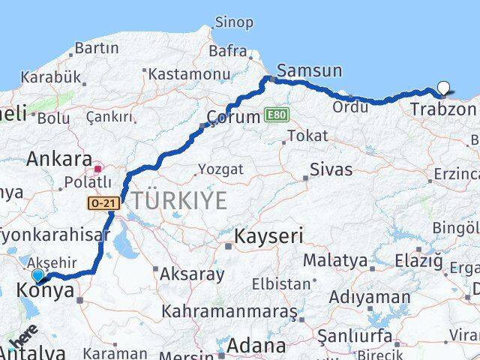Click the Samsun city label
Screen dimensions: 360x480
click(x=309, y=71)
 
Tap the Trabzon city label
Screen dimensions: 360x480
click(x=443, y=109)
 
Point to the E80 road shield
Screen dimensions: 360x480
click(x=275, y=115)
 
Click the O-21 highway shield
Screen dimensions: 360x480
click(x=103, y=202)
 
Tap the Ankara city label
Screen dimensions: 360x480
click(x=58, y=159)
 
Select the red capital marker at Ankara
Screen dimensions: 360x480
click(x=98, y=159)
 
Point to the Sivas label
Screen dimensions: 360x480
click(x=332, y=169)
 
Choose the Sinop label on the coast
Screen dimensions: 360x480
click(x=234, y=22)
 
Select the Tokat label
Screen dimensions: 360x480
click(x=307, y=136)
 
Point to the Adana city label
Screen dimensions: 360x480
click(x=256, y=346)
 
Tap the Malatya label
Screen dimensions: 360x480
click(x=335, y=261)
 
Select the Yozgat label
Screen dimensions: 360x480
click(x=220, y=169)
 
